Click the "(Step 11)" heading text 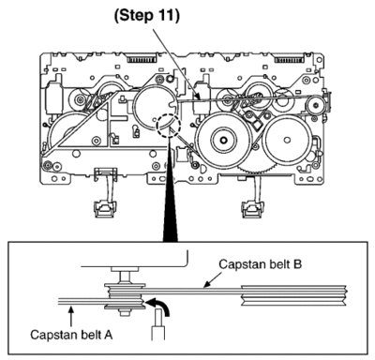click(147, 16)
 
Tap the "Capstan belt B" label click(261, 264)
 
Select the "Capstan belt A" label click(71, 335)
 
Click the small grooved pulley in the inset click(125, 296)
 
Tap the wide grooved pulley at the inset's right click(294, 295)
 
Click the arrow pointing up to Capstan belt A click(71, 317)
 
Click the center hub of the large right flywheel click(223, 140)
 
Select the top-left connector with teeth click(141, 59)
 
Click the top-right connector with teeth click(289, 59)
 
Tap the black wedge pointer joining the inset click(170, 200)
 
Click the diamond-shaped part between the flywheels click(257, 126)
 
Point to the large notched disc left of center click(156, 107)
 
